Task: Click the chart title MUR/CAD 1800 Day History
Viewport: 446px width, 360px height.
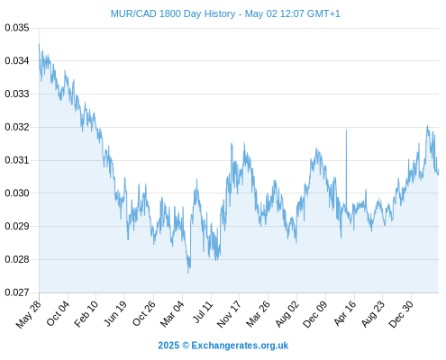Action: click(x=173, y=13)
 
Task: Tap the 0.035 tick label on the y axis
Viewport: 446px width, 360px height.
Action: click(x=17, y=28)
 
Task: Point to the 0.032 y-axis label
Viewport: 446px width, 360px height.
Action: click(x=17, y=127)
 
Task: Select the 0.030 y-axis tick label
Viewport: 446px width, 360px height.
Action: click(x=17, y=193)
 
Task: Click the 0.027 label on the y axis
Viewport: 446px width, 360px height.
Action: click(x=17, y=292)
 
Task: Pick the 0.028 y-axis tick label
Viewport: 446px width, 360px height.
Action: click(x=17, y=259)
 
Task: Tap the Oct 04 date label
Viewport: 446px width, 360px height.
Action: click(x=58, y=313)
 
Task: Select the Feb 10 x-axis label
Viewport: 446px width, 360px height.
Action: click(x=86, y=313)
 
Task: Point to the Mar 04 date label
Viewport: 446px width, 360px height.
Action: click(x=172, y=314)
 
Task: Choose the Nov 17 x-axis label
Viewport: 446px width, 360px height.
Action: click(x=229, y=314)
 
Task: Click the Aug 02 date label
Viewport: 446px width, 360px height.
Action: click(x=287, y=314)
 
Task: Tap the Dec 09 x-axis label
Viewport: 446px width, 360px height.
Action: click(x=315, y=314)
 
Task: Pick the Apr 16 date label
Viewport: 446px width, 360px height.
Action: click(x=345, y=313)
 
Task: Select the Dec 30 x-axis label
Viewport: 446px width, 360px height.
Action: click(x=401, y=314)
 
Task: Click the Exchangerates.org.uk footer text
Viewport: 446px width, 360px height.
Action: click(x=240, y=346)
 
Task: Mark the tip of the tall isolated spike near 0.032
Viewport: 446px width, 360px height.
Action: click(x=346, y=130)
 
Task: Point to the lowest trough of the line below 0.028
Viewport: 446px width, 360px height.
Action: click(x=188, y=273)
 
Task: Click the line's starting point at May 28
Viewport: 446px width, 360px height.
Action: click(x=39, y=44)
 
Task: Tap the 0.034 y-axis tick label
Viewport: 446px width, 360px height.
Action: click(x=17, y=61)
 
